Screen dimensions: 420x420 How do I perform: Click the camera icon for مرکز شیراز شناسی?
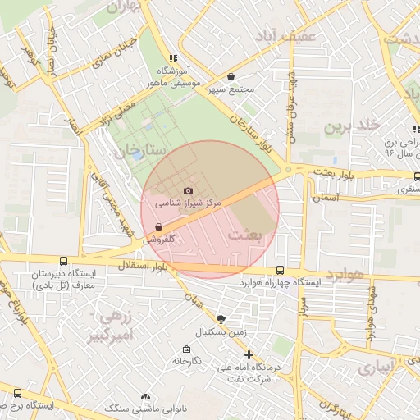pyautogui.click(x=187, y=190)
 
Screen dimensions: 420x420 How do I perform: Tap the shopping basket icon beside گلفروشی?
pyautogui.click(x=157, y=227)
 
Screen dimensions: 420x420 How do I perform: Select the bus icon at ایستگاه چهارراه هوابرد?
pyautogui.click(x=280, y=270)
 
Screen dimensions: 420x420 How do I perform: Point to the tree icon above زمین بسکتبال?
pyautogui.click(x=221, y=318)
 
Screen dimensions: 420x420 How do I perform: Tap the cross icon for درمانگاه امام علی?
pyautogui.click(x=249, y=354)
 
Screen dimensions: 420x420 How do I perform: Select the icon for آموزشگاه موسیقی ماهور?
pyautogui.click(x=172, y=58)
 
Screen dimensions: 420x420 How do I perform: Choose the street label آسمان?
pyautogui.click(x=325, y=198)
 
